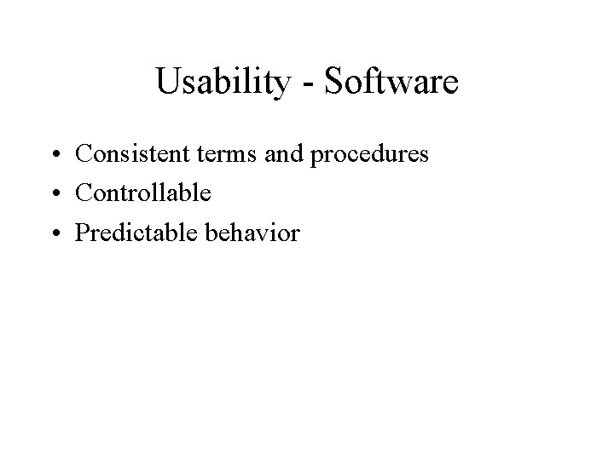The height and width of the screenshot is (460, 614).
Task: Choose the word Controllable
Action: pos(142,193)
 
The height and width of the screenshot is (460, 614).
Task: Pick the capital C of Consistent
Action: pos(84,155)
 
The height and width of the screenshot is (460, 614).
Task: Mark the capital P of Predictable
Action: pos(82,232)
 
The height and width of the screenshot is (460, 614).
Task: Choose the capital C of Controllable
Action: pos(84,193)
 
